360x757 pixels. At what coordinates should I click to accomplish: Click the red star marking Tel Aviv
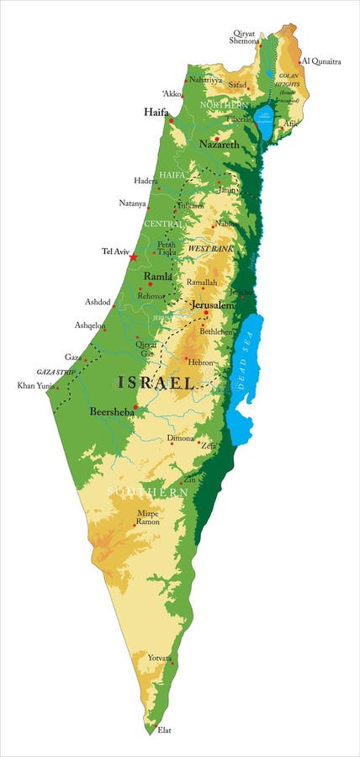click(133, 257)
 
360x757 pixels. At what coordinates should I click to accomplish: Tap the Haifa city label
click(156, 112)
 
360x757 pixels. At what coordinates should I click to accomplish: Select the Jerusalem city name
click(212, 305)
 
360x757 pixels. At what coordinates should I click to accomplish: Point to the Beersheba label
click(111, 412)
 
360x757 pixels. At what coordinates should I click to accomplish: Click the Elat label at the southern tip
click(165, 730)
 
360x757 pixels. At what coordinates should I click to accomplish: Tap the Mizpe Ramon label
click(148, 517)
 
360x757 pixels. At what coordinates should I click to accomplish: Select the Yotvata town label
click(160, 658)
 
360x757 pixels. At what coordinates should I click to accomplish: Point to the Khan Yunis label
click(34, 386)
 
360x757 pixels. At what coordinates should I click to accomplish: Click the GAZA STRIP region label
click(55, 371)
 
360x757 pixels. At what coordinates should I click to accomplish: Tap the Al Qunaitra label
click(322, 61)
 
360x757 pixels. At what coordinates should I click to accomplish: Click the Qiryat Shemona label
click(246, 36)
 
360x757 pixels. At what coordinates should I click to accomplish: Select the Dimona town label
click(180, 438)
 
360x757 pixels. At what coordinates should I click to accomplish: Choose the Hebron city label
click(201, 362)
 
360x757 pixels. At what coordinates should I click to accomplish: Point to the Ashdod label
click(98, 302)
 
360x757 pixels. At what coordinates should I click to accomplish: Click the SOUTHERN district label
click(147, 490)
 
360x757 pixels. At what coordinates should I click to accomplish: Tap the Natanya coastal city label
click(132, 204)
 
